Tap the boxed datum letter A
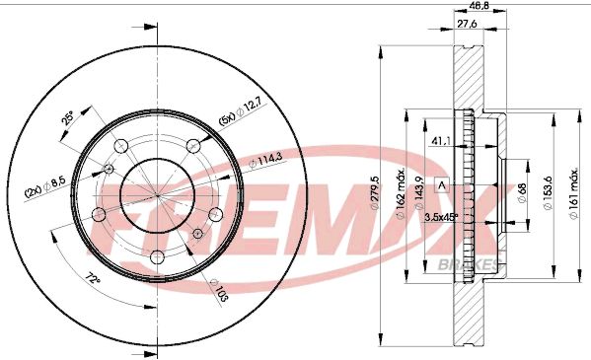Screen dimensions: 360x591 441,184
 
